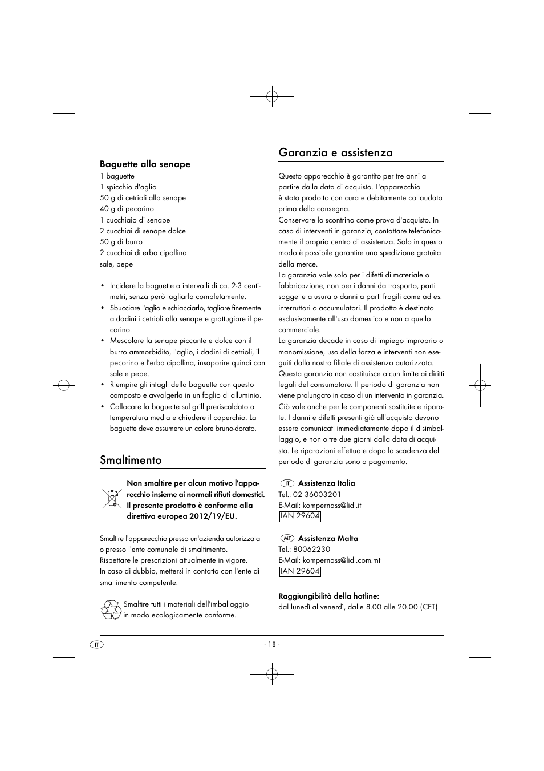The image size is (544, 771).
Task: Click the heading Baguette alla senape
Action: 145,164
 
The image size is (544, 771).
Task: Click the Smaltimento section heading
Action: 131,460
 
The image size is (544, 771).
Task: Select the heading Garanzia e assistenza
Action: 335,152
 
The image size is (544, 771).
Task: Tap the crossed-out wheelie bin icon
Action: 112,498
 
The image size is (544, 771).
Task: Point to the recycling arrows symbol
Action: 111,609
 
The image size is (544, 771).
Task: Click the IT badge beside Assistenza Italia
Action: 287,483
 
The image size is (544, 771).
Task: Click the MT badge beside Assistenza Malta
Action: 287,539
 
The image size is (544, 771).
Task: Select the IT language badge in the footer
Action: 97,644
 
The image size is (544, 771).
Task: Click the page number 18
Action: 271,644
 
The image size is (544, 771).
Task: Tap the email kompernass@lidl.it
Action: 331,505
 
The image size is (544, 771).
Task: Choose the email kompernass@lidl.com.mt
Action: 341,560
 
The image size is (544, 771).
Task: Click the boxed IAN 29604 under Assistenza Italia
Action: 300,516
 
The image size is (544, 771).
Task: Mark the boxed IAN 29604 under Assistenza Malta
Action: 300,571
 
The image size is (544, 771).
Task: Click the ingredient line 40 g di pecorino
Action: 127,209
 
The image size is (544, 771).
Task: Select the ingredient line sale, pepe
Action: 116,264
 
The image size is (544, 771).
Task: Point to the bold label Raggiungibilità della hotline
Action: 328,596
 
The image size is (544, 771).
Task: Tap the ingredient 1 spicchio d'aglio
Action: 128,187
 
